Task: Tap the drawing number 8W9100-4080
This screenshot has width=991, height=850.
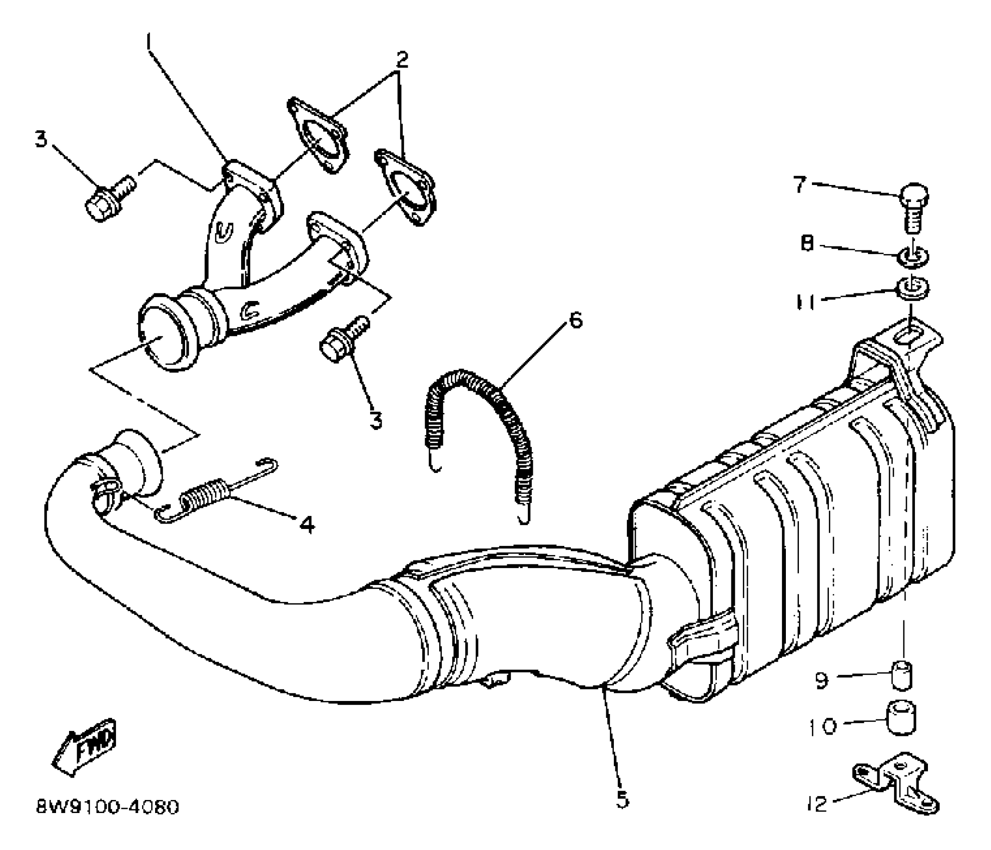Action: click(x=108, y=807)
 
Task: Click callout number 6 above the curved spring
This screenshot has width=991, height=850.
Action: click(x=576, y=320)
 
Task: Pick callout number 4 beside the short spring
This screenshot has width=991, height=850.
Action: click(x=307, y=524)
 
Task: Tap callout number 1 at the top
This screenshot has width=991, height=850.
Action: click(x=148, y=42)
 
